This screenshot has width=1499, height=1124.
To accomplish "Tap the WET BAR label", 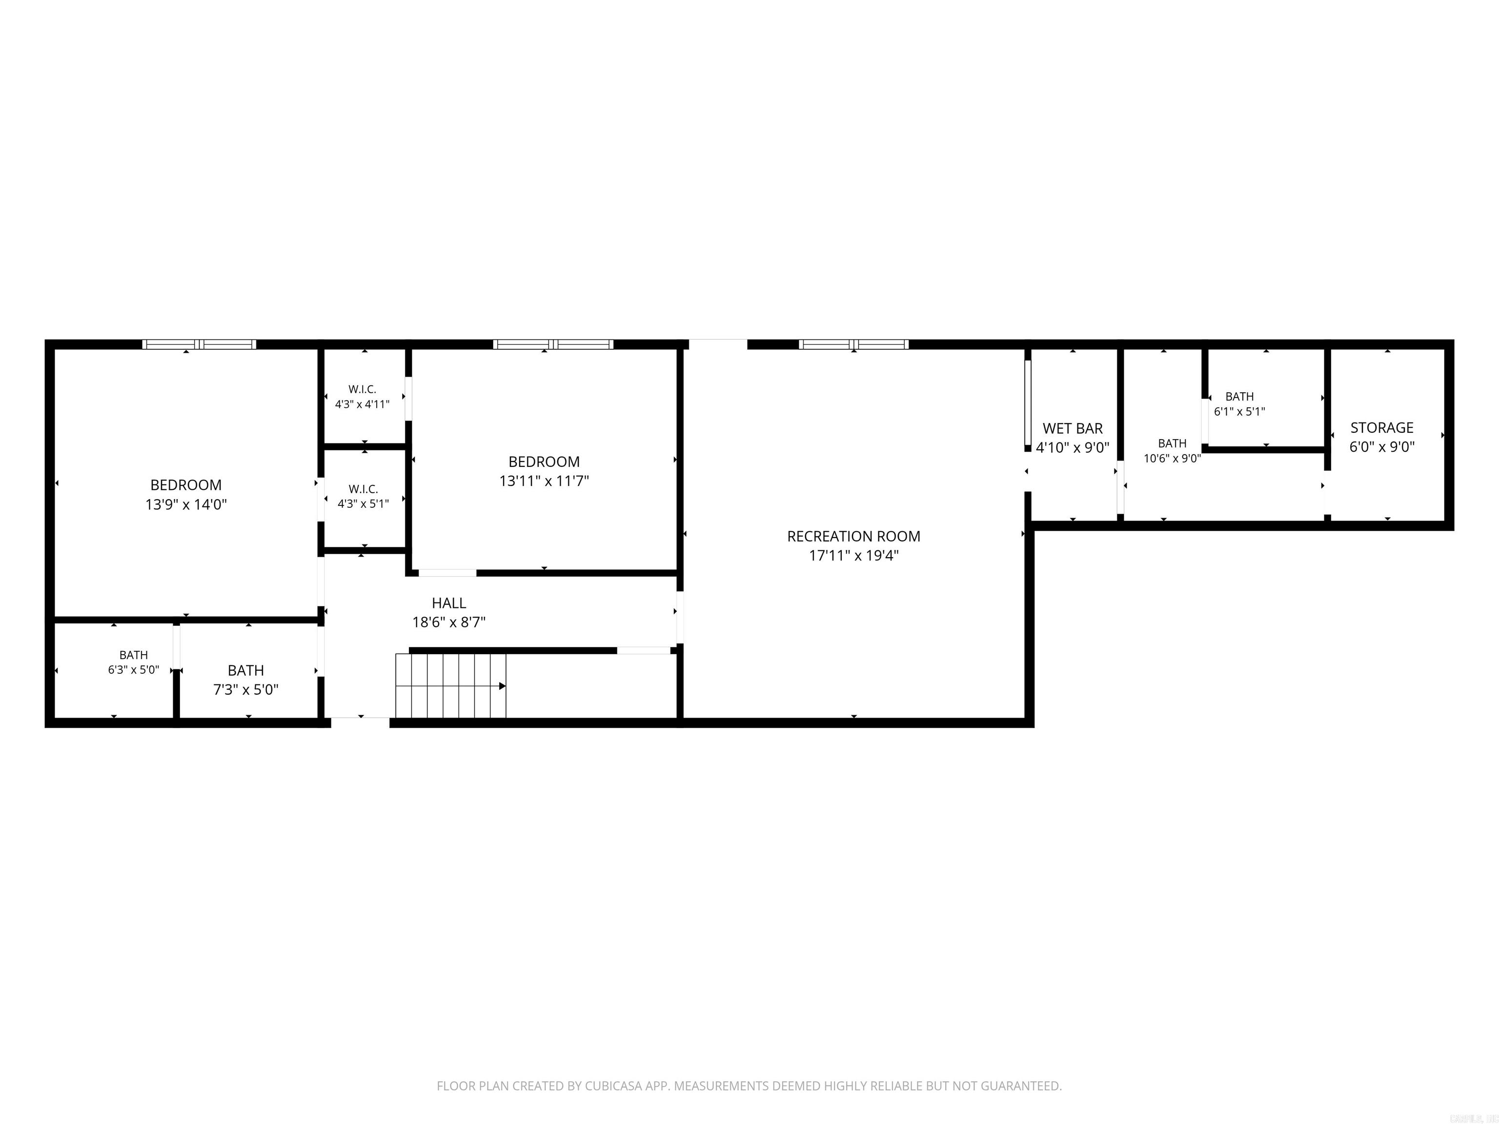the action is tap(1072, 429).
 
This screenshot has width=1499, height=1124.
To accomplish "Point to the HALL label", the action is tap(448, 603).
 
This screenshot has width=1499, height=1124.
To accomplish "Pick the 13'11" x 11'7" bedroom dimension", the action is tap(544, 481).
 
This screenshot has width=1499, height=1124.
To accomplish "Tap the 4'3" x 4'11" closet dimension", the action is tap(362, 404).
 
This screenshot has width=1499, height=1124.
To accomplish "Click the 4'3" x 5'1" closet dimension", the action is tap(363, 504).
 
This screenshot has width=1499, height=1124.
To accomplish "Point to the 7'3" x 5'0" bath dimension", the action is tap(245, 690).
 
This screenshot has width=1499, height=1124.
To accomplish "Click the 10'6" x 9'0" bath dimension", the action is tap(1173, 458).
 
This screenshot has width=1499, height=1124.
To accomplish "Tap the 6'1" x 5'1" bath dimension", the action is tap(1239, 411).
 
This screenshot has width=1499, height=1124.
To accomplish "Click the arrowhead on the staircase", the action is tap(503, 686).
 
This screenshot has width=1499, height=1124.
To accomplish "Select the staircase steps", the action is tap(451, 685).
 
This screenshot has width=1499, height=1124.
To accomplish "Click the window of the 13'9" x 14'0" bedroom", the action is tap(199, 344).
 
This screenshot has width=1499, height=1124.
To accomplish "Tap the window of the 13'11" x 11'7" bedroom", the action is tap(553, 344).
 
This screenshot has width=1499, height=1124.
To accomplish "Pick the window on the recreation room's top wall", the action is tap(854, 344).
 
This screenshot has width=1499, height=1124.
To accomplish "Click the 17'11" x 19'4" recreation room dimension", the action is tap(854, 556).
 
